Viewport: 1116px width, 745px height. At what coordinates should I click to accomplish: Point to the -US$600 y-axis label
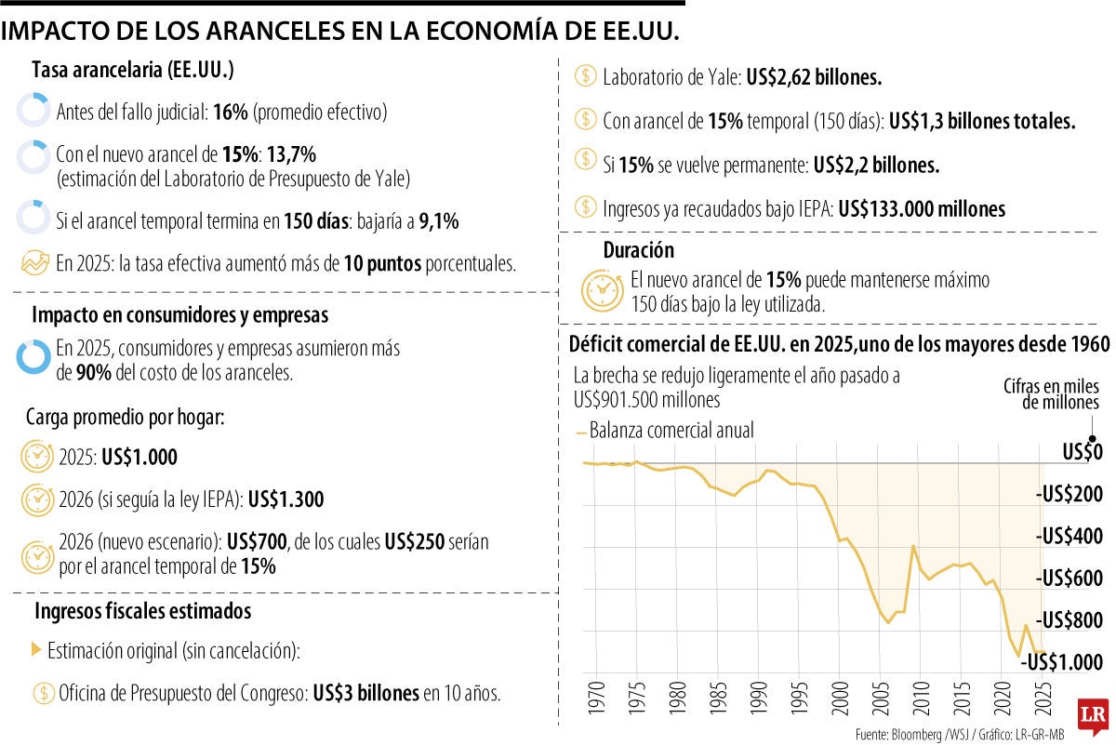(x=1069, y=578)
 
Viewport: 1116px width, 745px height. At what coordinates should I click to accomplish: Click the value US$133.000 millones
(x=922, y=209)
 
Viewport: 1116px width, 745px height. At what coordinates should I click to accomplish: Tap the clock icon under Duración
(x=602, y=289)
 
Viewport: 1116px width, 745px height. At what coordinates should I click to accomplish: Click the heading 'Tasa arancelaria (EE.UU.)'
(x=133, y=71)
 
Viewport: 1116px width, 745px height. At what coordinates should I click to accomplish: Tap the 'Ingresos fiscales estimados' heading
(x=142, y=612)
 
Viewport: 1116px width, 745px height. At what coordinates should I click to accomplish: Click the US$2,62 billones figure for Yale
(x=813, y=78)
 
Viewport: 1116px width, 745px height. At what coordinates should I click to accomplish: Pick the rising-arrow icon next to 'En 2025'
(x=34, y=262)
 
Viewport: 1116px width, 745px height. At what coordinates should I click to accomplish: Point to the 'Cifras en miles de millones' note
(x=1052, y=394)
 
